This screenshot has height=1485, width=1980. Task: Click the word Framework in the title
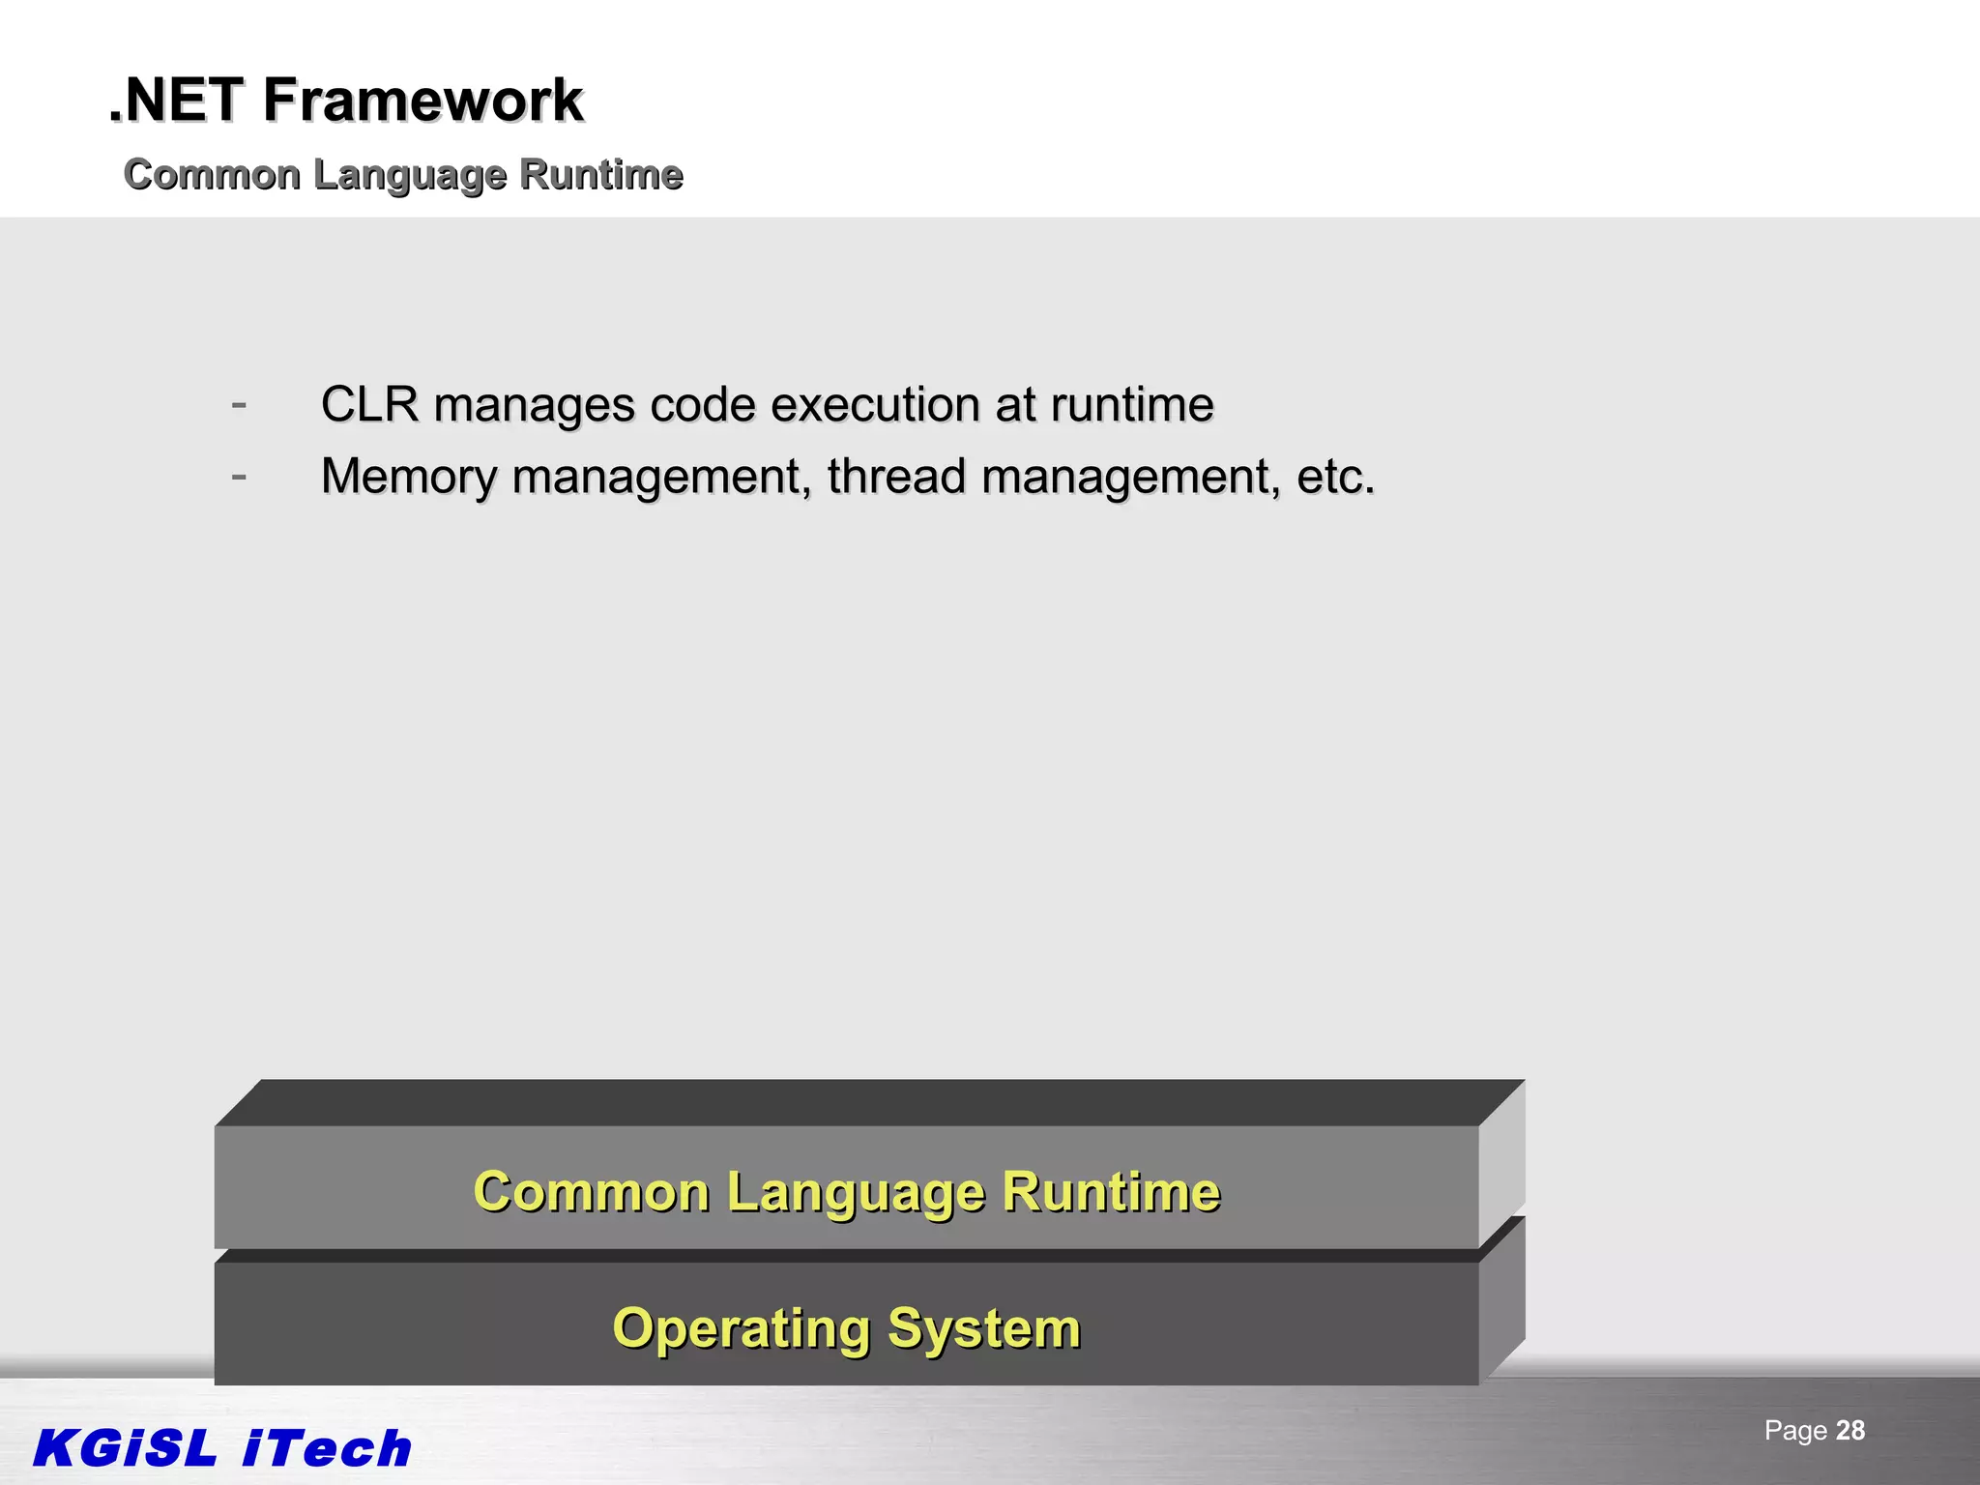pos(422,101)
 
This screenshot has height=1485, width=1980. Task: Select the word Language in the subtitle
pos(409,176)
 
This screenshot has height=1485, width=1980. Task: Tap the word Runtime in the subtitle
pos(600,175)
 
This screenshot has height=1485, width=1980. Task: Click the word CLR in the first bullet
pos(369,404)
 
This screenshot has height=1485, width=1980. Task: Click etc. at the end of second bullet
pos(1334,477)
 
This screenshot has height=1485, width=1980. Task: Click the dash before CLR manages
pos(239,403)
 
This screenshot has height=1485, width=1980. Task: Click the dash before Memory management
pos(239,476)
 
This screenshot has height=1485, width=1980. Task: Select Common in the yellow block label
pos(591,1191)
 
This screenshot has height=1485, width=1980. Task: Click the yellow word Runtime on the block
pos(1111,1191)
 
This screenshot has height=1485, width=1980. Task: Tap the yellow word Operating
pos(742,1328)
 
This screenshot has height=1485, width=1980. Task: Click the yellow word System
pos(983,1328)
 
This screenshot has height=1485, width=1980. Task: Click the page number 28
pos(1849,1431)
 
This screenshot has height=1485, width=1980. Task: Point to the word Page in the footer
pos(1795,1431)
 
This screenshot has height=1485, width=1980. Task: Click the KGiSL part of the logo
pos(126,1448)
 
